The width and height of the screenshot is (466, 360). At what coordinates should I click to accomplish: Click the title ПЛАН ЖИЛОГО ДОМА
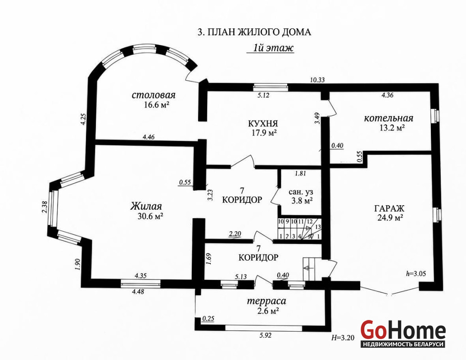pyautogui.click(x=259, y=32)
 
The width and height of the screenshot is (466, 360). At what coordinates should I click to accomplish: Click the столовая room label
pyautogui.click(x=154, y=95)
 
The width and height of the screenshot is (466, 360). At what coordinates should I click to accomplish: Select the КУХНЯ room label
pyautogui.click(x=263, y=123)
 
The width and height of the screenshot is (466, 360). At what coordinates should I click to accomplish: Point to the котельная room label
pyautogui.click(x=389, y=118)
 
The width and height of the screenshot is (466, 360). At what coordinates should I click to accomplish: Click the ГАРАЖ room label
pyautogui.click(x=389, y=208)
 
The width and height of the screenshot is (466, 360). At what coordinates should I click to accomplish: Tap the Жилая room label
pyautogui.click(x=146, y=206)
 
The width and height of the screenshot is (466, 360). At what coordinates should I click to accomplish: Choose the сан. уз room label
pyautogui.click(x=301, y=192)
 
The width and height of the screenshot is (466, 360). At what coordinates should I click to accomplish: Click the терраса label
pyautogui.click(x=267, y=301)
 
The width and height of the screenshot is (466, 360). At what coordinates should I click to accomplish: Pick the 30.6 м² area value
pyautogui.click(x=151, y=216)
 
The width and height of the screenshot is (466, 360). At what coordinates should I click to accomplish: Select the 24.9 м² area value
pyautogui.click(x=390, y=218)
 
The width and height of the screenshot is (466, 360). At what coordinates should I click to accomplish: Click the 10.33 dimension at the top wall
pyautogui.click(x=317, y=80)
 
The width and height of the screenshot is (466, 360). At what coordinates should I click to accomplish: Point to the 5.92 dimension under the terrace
pyautogui.click(x=265, y=336)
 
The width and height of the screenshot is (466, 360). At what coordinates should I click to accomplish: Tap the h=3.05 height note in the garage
pyautogui.click(x=416, y=274)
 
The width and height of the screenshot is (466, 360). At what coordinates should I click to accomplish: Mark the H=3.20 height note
pyautogui.click(x=343, y=337)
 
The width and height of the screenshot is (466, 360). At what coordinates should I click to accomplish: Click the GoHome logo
pyautogui.click(x=403, y=333)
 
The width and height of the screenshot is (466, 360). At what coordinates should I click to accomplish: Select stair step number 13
pyautogui.click(x=318, y=227)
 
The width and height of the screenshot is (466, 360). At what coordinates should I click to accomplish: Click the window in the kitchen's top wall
pyautogui.click(x=271, y=87)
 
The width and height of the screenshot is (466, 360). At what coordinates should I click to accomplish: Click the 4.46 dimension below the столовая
pyautogui.click(x=149, y=137)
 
